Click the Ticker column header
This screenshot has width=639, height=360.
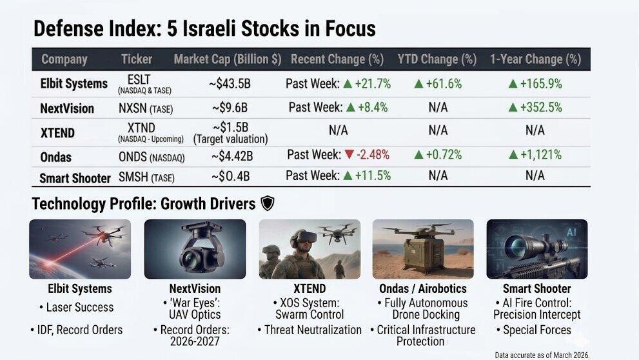pos(137,59)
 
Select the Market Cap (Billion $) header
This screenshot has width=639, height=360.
pos(227,59)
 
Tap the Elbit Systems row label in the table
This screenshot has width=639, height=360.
pos(74,84)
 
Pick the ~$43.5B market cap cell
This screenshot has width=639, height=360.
pos(230,84)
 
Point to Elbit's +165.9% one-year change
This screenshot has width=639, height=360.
pos(535,84)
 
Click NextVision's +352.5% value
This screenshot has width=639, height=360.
pos(535,108)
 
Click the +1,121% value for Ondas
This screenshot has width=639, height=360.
pos(535,155)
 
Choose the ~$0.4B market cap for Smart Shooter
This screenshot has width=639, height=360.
pos(230,176)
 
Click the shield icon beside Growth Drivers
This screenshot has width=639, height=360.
pos(267,204)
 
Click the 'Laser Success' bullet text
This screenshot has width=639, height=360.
pos(79,308)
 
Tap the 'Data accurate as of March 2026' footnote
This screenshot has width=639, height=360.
pos(542,355)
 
